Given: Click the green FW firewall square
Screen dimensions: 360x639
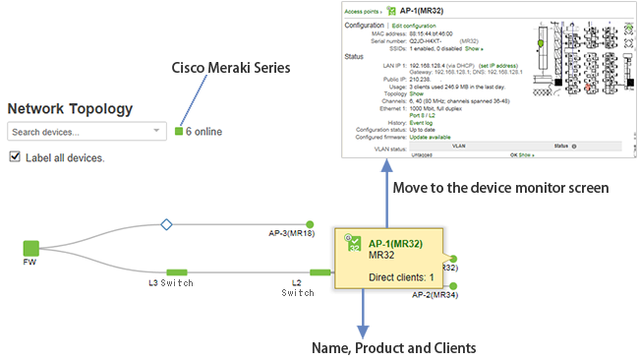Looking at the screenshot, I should click(x=30, y=248).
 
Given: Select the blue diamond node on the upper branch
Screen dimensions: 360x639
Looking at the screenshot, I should click(x=166, y=225).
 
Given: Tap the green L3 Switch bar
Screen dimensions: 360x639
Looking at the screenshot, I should click(x=177, y=272).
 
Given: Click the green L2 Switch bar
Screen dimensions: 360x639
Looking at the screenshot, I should click(x=320, y=272).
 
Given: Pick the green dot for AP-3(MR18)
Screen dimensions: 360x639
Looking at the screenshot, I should click(x=310, y=224).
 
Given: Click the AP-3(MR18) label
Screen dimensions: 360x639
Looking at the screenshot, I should click(x=291, y=235).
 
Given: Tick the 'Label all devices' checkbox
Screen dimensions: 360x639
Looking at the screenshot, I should click(x=14, y=157).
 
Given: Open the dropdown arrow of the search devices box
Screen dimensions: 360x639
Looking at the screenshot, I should click(x=156, y=131).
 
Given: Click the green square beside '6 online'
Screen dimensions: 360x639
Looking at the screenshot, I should click(x=179, y=131).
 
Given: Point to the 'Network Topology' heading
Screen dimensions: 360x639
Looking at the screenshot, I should click(x=70, y=108).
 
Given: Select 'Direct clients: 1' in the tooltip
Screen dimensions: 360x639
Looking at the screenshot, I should click(x=401, y=278).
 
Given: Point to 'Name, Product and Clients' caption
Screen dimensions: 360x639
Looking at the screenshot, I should click(x=393, y=347).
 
